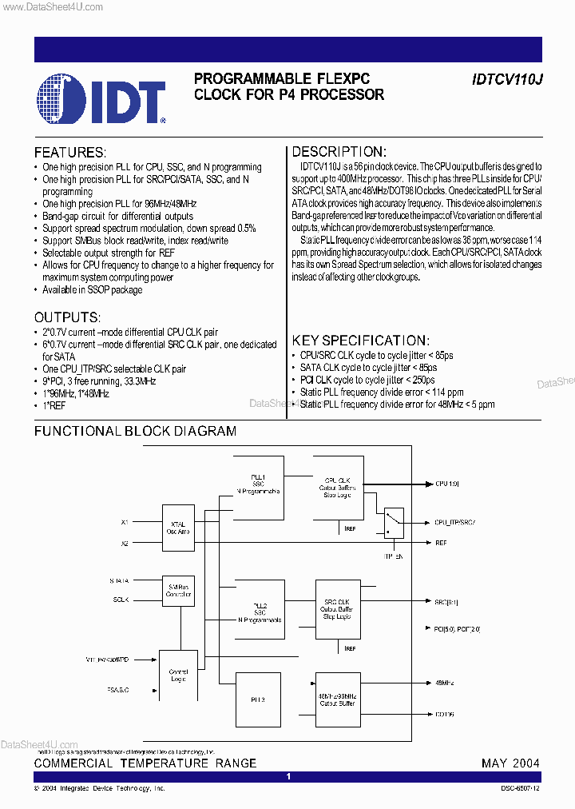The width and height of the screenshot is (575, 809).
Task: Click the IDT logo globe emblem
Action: (64, 99)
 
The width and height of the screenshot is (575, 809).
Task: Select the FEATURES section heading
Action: (69, 153)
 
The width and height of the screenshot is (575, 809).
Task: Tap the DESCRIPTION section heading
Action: (339, 152)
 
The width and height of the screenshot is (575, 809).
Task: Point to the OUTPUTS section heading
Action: (67, 317)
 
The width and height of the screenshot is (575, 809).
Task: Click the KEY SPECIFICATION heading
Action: (361, 340)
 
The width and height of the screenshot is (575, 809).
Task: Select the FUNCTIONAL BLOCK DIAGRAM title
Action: (135, 431)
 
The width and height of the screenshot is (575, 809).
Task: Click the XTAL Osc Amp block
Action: (178, 528)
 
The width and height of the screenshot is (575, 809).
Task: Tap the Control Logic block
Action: (178, 675)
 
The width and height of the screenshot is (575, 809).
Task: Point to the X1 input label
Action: (125, 522)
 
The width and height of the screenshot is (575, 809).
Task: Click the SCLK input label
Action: (121, 600)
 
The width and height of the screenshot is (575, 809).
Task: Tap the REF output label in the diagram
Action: (441, 543)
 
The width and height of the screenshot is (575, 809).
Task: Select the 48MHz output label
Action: (444, 683)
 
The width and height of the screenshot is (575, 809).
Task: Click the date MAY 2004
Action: (510, 763)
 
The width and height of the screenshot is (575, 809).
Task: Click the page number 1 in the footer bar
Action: (288, 777)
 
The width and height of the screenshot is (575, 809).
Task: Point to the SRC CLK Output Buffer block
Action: (337, 609)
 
